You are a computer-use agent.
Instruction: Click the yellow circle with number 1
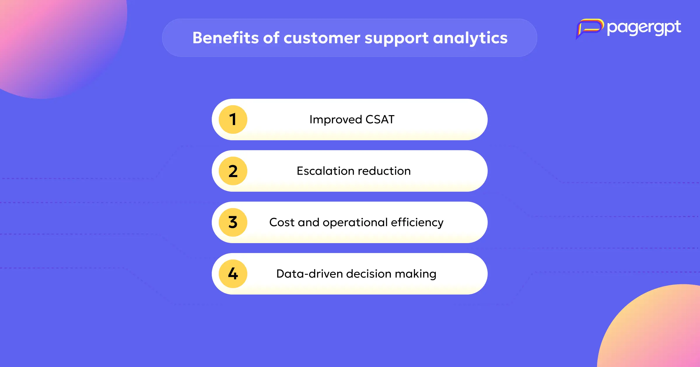point(233,120)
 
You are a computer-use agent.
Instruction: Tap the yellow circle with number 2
point(233,171)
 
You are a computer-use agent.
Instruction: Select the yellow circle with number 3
point(233,222)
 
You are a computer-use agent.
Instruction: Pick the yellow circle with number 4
point(233,274)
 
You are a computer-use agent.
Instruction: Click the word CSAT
point(380,120)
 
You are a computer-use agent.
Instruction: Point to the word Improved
point(336,120)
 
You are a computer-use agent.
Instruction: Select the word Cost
point(282,222)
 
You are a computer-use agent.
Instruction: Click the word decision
point(369,274)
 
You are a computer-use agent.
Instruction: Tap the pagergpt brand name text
point(644,28)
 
